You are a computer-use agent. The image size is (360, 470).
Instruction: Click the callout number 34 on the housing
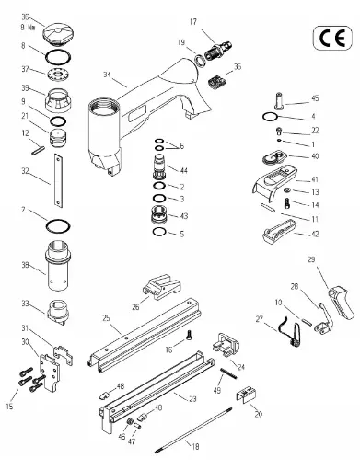[x=108, y=75]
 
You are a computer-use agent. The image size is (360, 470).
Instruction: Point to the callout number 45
[x=315, y=97]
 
